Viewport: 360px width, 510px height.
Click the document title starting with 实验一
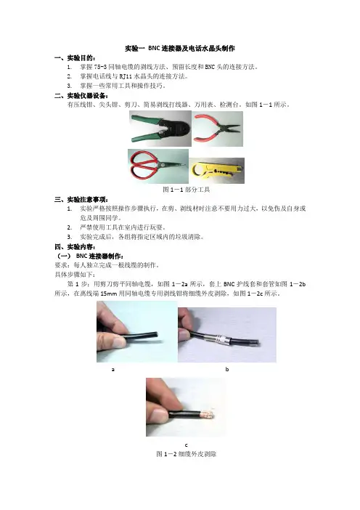180,49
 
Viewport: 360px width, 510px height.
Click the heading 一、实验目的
75,58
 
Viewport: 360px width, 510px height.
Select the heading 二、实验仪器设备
81,96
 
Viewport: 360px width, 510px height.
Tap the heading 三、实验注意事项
81,199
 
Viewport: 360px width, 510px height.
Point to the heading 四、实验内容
75,246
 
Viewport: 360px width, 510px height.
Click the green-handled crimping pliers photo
160,129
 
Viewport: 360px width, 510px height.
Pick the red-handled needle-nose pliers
217,129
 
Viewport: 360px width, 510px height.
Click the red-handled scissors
158,166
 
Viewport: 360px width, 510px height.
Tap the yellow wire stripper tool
217,171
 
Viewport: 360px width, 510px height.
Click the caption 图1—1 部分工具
187,190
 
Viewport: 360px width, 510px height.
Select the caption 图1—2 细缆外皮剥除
187,454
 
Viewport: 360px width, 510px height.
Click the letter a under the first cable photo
113,370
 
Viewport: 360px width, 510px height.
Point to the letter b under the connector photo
226,369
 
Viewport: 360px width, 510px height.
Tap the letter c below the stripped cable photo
187,445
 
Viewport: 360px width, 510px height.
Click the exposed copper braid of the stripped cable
208,415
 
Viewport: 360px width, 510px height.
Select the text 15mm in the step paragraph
109,294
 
